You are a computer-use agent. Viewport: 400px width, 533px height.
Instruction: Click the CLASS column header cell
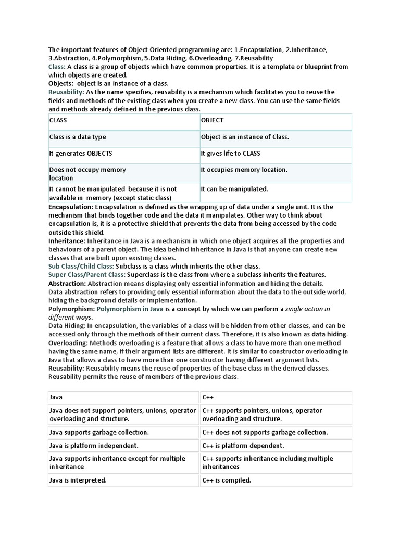pos(123,121)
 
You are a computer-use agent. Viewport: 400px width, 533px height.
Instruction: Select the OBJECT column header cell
pos(276,121)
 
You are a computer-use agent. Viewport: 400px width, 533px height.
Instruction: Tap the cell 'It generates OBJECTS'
pos(123,154)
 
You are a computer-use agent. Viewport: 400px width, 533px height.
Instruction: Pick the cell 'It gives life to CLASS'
pos(276,154)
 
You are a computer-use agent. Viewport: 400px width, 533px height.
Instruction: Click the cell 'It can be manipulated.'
pos(276,192)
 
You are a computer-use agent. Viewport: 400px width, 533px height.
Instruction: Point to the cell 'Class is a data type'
pos(123,137)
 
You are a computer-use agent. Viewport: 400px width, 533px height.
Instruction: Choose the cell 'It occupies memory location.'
pos(276,173)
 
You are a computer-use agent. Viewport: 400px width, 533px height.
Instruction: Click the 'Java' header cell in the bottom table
pos(123,398)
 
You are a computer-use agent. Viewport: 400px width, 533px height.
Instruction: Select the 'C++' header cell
pos(277,398)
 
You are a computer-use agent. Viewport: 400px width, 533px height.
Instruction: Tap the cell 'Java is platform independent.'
pos(123,446)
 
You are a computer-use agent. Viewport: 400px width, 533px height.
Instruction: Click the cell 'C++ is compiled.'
pos(277,480)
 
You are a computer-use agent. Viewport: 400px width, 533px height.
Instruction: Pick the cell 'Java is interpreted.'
pos(123,480)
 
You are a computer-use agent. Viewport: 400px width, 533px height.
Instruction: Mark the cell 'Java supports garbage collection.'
pos(123,432)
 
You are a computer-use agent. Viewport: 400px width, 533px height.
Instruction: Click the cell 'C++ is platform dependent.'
pos(277,446)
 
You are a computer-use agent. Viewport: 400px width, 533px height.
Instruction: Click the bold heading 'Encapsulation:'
pos(71,207)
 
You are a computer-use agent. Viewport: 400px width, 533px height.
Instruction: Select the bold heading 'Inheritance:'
pos(67,241)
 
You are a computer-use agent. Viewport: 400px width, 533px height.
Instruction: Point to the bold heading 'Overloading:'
pos(68,343)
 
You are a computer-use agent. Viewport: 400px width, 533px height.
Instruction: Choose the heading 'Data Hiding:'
pos(67,326)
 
